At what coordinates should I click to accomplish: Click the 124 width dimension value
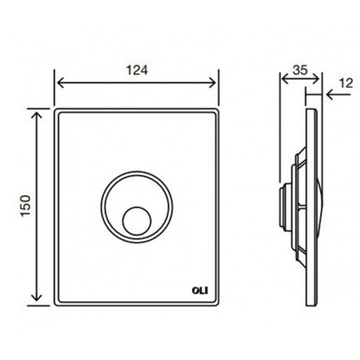click(137, 71)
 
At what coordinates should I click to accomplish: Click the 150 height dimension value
click(26, 206)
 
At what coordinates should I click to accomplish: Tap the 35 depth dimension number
click(300, 70)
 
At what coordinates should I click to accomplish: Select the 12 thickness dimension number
click(346, 84)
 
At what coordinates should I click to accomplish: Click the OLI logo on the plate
click(200, 291)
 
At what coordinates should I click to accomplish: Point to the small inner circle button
click(137, 221)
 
